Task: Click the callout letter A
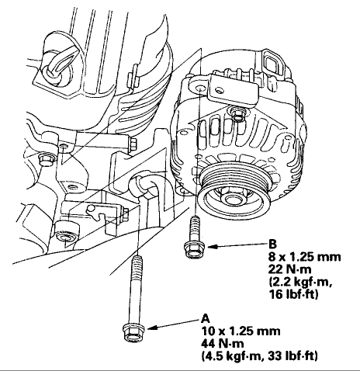coord(206,318)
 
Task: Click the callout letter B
coord(272,244)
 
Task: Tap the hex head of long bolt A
coord(133,333)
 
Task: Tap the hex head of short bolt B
coord(195,249)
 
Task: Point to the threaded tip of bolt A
coord(137,259)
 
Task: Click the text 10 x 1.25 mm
coord(241,331)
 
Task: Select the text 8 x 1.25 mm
coord(304,257)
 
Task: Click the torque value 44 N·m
coord(223,344)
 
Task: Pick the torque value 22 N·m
coord(290,269)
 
